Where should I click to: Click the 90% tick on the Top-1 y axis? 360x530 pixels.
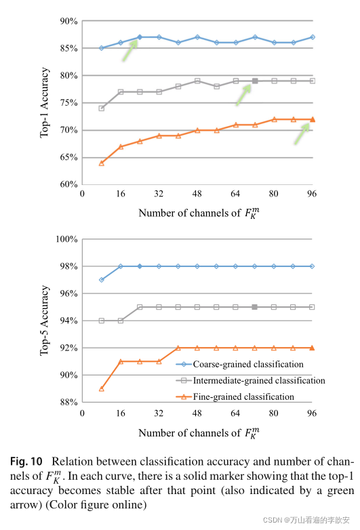pos(68,21)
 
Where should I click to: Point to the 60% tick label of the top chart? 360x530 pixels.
pos(68,184)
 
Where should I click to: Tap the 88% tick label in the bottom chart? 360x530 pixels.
pos(68,403)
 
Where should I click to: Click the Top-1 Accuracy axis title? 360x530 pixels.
pos(45,102)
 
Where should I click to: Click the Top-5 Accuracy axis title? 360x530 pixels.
pos(45,320)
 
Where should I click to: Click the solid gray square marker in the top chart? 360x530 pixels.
pos(255,81)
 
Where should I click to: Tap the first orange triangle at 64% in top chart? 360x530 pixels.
pos(102,163)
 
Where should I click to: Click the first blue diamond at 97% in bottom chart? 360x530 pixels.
pos(102,280)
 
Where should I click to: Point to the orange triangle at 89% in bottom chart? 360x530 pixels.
pos(102,388)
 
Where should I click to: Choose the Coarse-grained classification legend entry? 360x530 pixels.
pos(249,364)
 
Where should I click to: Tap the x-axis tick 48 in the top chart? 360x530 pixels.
pos(197,193)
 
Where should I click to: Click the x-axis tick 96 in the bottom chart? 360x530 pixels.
pos(312,412)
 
